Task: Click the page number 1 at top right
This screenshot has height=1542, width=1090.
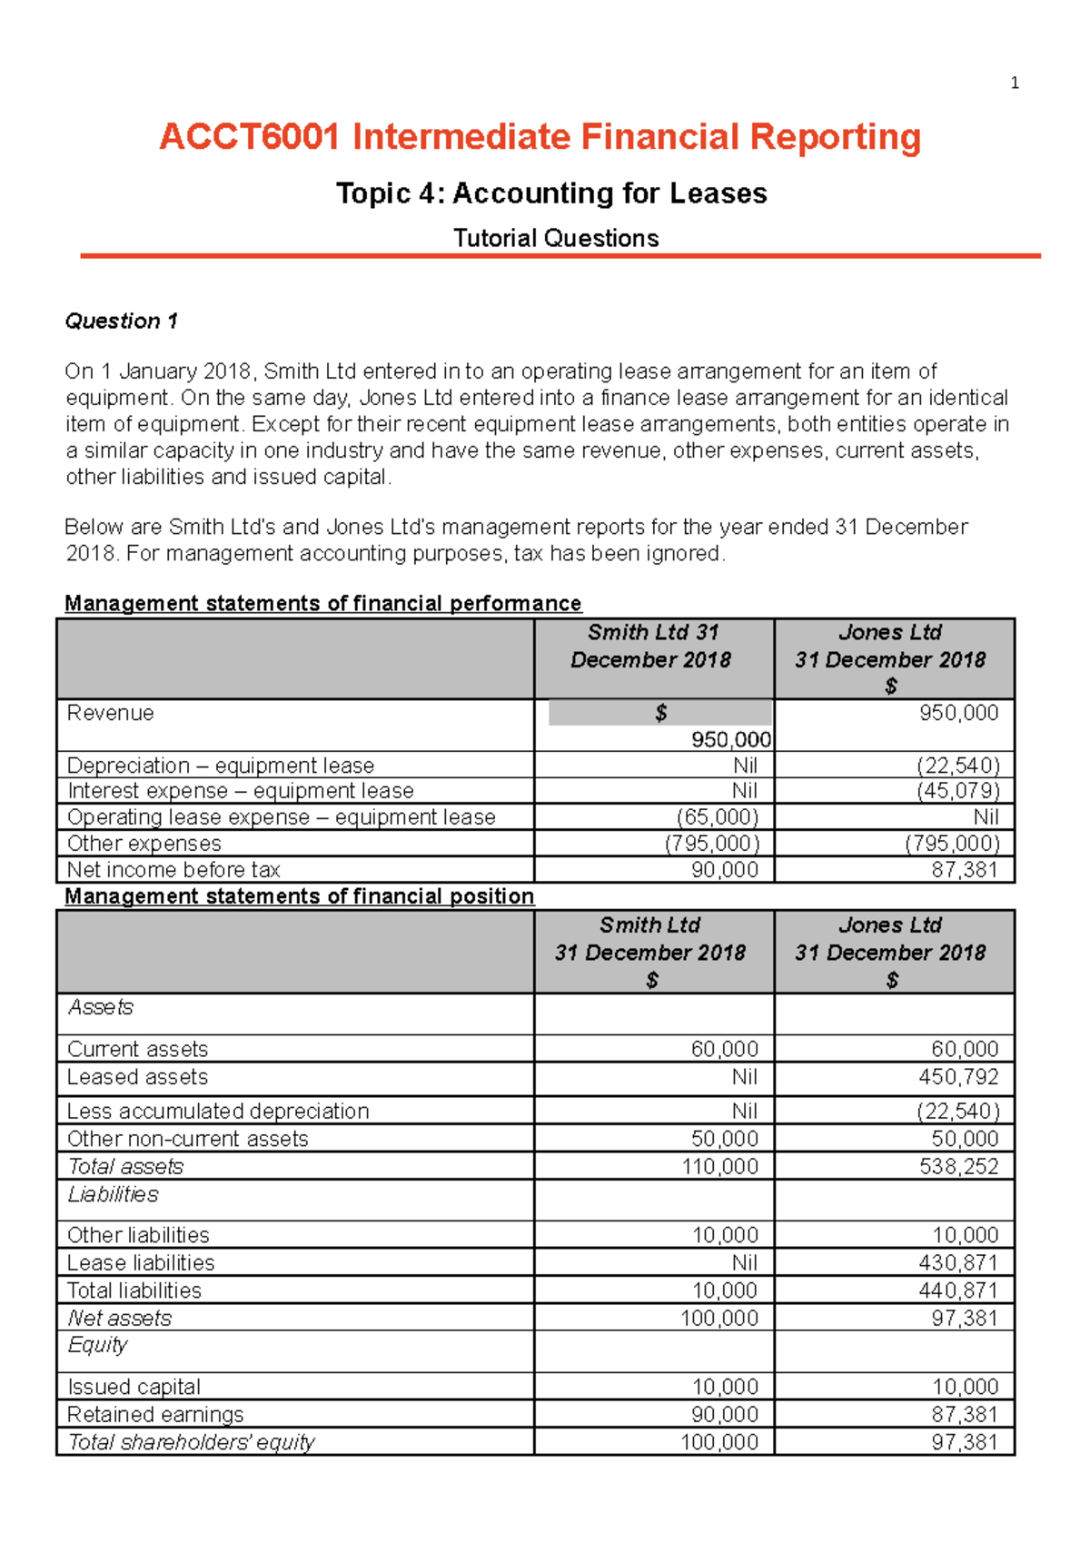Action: [x=1015, y=84]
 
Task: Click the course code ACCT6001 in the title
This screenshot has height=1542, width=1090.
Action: [x=250, y=137]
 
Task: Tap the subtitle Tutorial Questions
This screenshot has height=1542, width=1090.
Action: [x=556, y=238]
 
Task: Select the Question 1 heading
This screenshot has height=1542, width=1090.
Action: [x=121, y=321]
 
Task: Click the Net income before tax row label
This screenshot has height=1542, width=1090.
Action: [x=173, y=869]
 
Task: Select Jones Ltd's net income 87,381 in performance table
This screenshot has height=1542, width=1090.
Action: [x=965, y=869]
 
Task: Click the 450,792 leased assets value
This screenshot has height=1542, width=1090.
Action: [x=957, y=1076]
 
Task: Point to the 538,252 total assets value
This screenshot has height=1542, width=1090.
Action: [x=958, y=1166]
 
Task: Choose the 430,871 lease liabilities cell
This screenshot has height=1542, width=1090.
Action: [x=957, y=1262]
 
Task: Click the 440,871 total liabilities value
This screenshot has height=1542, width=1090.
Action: [x=957, y=1290]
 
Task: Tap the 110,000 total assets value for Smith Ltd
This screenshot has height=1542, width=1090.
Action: [x=719, y=1166]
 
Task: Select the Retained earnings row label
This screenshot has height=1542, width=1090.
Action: [x=155, y=1414]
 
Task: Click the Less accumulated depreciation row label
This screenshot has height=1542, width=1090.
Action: [x=218, y=1111]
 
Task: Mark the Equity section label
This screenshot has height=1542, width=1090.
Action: [x=97, y=1345]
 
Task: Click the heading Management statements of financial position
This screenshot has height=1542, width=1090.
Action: [x=299, y=896]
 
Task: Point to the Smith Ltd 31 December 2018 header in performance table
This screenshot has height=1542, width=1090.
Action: [x=651, y=646]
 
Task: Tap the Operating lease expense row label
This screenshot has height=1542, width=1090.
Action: [x=281, y=816]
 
